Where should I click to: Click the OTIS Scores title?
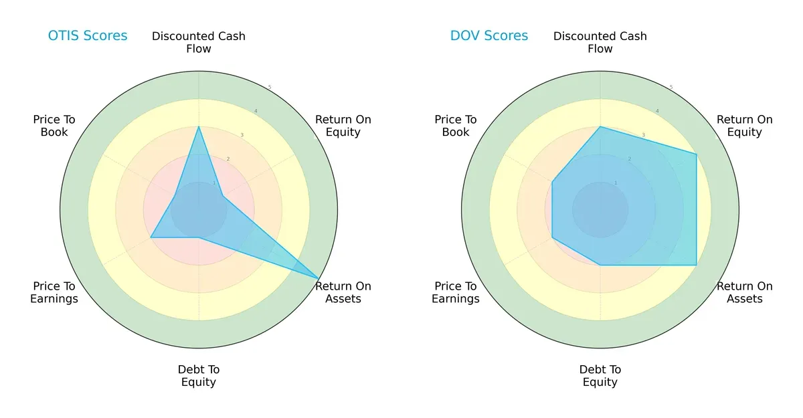tap(88, 35)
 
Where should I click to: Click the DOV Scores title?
tap(489, 35)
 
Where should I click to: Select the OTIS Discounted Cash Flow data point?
tap(199, 126)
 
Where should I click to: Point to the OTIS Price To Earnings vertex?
tap(151, 237)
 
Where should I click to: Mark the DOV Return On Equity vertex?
tap(697, 154)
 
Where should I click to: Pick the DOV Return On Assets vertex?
tap(697, 265)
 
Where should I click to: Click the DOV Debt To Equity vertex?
tap(600, 265)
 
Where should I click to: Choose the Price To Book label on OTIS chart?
tap(54, 126)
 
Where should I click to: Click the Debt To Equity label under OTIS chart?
tap(199, 376)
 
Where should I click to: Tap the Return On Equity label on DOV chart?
tap(745, 126)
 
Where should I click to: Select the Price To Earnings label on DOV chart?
tap(456, 292)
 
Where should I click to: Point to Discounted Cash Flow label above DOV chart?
tap(600, 42)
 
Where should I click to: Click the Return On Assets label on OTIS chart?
tap(343, 292)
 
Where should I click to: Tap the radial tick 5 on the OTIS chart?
tap(270, 88)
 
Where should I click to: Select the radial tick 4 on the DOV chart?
tap(657, 111)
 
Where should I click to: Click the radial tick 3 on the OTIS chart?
tap(242, 135)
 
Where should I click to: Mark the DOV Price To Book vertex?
tap(552, 182)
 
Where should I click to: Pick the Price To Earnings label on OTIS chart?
tap(54, 292)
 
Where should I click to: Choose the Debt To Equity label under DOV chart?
tap(600, 376)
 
